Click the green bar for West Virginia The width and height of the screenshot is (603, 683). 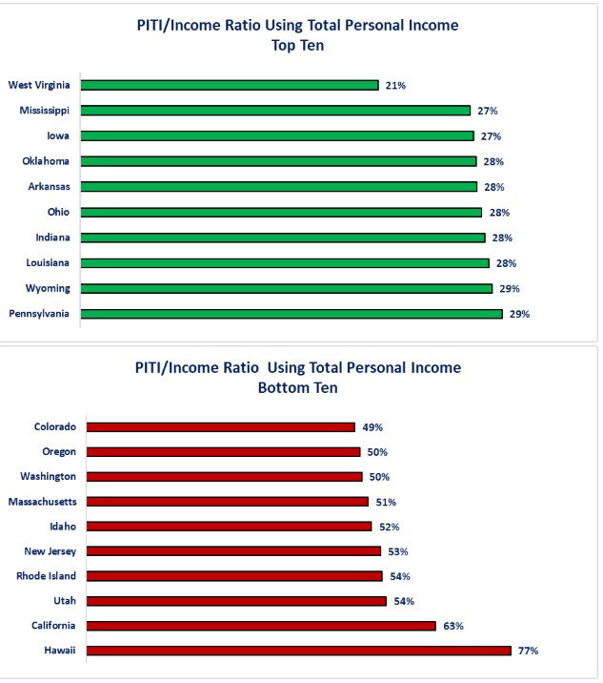tap(230, 85)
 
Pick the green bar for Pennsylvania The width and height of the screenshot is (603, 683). tap(291, 313)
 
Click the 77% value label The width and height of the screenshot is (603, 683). tap(529, 651)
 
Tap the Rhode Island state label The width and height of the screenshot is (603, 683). tap(46, 576)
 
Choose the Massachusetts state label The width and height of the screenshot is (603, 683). tap(42, 501)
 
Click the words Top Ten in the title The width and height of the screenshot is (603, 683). tap(297, 45)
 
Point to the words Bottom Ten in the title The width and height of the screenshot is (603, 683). tap(297, 388)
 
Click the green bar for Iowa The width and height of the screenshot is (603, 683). tap(276, 135)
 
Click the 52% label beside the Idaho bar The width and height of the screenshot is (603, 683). tap(389, 527)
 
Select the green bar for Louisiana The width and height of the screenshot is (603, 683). tap(285, 262)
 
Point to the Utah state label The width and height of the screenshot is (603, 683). tap(65, 601)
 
